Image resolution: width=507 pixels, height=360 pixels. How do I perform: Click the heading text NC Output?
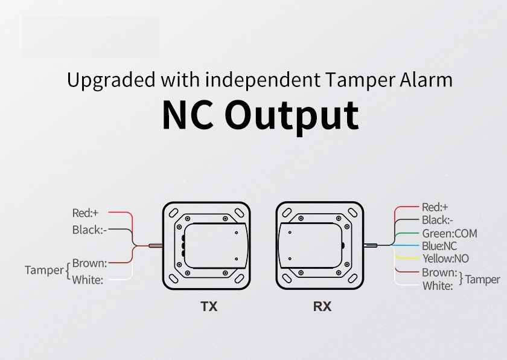260,115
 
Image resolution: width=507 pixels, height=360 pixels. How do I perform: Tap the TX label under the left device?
209,307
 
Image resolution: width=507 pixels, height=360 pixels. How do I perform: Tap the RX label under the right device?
322,307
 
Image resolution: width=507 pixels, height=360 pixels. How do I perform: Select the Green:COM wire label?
449,233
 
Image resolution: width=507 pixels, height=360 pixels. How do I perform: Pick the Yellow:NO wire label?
445,259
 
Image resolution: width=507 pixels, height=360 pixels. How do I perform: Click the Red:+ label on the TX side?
85,213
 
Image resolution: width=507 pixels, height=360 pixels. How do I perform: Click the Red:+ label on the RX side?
434,207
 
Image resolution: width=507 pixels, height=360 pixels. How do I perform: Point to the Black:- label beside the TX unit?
89,230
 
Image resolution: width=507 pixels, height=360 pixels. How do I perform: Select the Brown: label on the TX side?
89,263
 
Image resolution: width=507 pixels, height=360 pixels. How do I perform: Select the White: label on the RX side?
438,286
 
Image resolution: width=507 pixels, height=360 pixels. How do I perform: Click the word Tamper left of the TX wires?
44,270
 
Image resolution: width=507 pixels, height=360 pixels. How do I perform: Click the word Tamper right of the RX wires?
482,279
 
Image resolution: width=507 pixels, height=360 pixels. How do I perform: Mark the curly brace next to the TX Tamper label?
68,271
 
